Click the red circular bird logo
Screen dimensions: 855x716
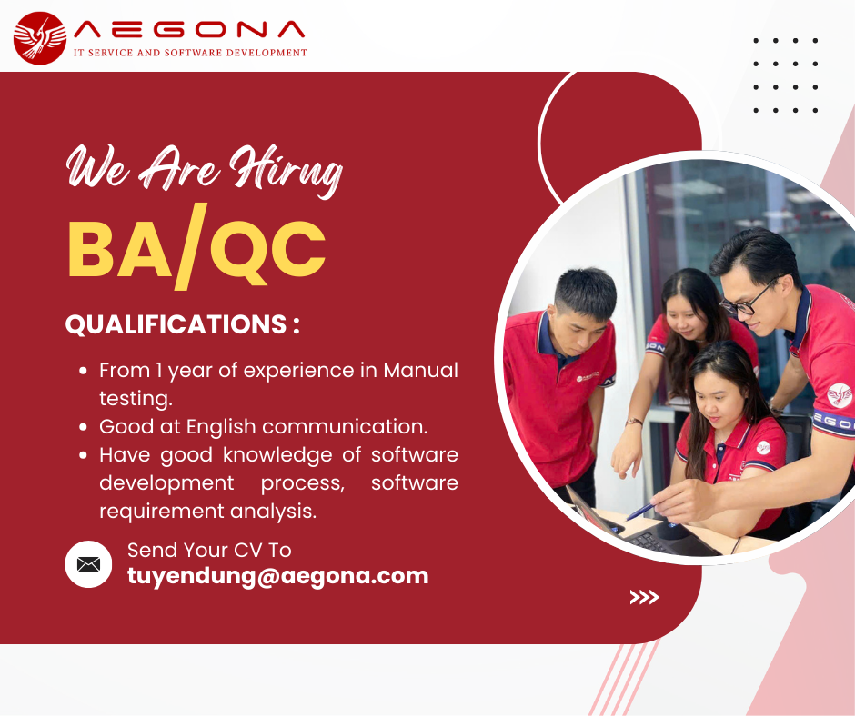[x=40, y=38]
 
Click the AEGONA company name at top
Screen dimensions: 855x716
[x=189, y=29]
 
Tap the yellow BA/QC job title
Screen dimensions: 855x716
[x=196, y=247]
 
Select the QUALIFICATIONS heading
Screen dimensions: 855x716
[x=182, y=324]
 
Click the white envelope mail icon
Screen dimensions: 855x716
[x=88, y=564]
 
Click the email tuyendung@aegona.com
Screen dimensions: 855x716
[x=278, y=576]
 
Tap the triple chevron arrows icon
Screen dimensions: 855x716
[x=645, y=597]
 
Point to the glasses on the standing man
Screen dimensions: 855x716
[x=749, y=300]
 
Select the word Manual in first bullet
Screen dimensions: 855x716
[x=420, y=371]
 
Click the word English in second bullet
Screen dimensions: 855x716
[x=221, y=427]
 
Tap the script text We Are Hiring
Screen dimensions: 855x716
[x=205, y=170]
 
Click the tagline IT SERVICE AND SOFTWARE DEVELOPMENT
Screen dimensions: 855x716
[x=190, y=53]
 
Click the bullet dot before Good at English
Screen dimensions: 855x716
[x=83, y=427]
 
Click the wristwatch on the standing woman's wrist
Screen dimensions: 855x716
[x=634, y=422]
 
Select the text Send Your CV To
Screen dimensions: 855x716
[x=209, y=551]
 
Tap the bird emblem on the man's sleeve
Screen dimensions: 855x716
[x=840, y=394]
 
